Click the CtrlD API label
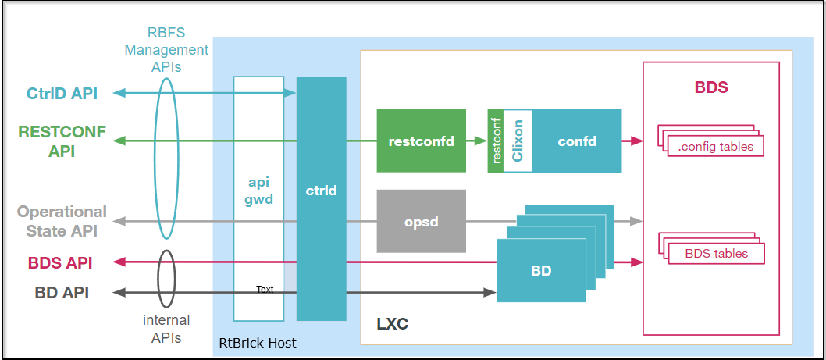[62, 93]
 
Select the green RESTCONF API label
[62, 141]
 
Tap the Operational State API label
[62, 221]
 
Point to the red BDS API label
[60, 262]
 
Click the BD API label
[62, 293]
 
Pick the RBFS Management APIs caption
[178, 50]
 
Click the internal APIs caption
[166, 329]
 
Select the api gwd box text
[258, 190]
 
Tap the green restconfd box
[421, 141]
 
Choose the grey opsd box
[421, 221]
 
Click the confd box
[577, 141]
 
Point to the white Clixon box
[518, 141]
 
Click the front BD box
[541, 271]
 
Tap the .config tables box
[716, 146]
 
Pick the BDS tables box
[716, 253]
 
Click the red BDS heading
[710, 87]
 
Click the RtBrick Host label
[258, 344]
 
